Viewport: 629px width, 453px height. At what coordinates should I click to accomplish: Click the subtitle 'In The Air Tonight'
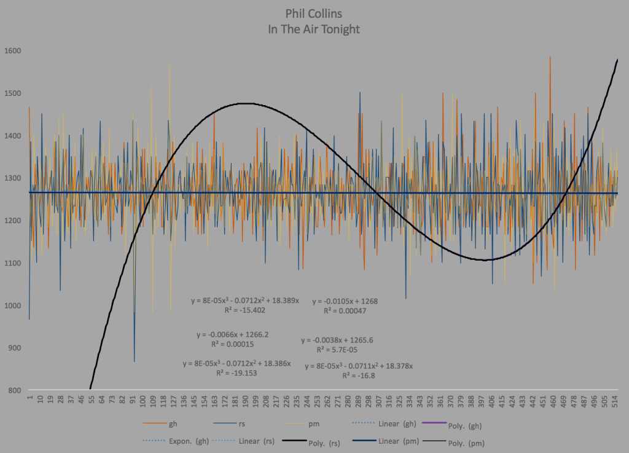[x=314, y=29]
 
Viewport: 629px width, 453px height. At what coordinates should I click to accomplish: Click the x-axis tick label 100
[x=143, y=403]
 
